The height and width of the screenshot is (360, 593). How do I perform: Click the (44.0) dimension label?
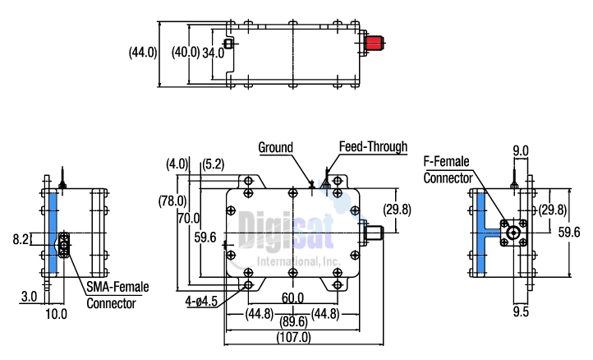point(143,53)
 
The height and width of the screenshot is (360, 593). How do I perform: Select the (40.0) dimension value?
point(184,53)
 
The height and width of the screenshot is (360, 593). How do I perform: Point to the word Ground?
point(276,148)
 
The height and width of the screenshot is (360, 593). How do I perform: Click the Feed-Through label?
point(373,147)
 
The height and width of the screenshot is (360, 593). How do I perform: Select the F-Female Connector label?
point(448,168)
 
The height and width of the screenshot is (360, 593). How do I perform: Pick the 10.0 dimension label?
point(57,313)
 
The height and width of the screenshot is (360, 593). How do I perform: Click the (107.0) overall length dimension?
point(293,337)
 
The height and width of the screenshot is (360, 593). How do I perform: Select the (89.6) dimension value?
point(293,323)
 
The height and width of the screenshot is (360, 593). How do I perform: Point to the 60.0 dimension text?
point(293,298)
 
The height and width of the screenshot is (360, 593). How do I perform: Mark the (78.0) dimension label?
point(172,201)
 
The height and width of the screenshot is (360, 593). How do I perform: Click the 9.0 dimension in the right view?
point(521,150)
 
